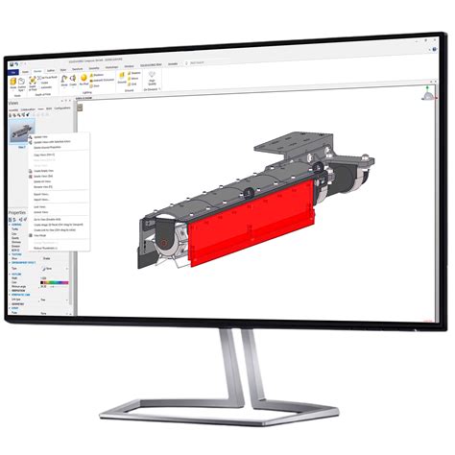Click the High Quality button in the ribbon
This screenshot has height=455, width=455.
point(151,84)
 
